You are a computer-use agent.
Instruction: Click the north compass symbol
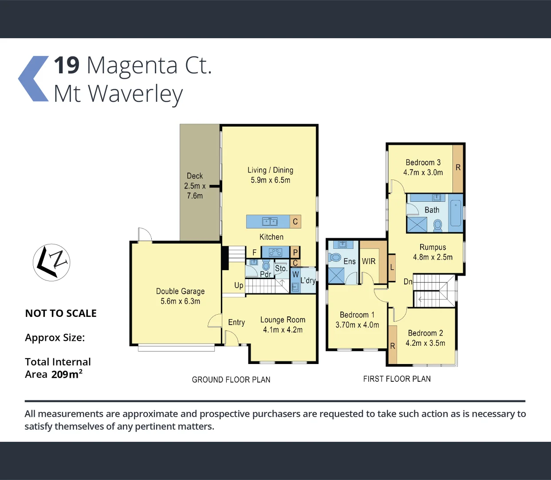coord(51,262)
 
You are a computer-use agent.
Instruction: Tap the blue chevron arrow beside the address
coord(33,79)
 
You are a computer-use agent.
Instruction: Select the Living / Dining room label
coord(270,170)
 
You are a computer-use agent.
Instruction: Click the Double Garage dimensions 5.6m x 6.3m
coord(180,301)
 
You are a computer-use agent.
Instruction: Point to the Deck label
coord(195,176)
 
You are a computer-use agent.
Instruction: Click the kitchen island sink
coord(269,221)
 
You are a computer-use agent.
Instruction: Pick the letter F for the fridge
coord(254,252)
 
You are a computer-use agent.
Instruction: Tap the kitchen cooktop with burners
coord(275,252)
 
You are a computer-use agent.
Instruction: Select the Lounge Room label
coord(283,320)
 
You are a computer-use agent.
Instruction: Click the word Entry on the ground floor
coord(236,322)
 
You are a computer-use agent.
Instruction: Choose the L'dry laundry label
coord(308,280)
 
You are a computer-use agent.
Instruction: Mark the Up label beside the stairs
coord(239,285)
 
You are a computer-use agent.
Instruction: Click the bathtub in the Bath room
coord(455,213)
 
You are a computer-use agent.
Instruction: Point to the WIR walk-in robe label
coord(369,261)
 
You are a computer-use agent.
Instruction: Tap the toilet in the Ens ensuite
coord(335,257)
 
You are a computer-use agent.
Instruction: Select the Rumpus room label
coord(433,248)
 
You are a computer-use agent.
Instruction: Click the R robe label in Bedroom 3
coord(458,168)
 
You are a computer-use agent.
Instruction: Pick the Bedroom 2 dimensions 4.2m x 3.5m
coord(425,343)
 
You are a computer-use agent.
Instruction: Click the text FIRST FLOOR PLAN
coord(397,379)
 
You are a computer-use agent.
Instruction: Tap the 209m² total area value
coord(67,374)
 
